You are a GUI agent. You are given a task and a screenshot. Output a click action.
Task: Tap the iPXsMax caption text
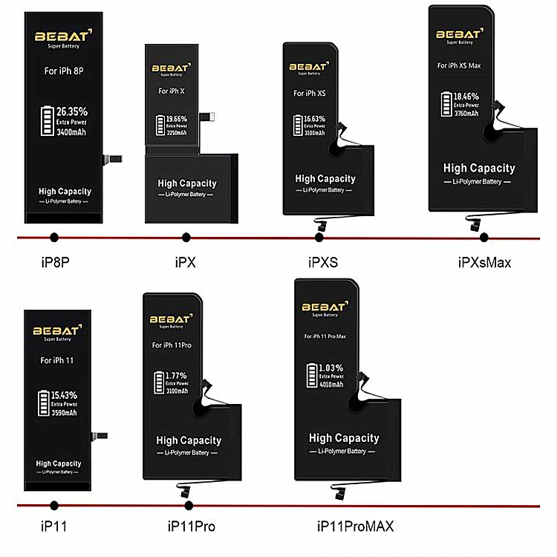pos(484,262)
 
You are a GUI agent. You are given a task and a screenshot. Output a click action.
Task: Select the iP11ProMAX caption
pos(355,527)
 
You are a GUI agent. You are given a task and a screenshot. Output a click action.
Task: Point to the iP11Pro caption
pos(192,527)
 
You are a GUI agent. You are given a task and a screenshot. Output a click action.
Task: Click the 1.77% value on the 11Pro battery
pos(176,375)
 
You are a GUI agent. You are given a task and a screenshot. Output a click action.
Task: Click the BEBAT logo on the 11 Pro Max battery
pos(323,306)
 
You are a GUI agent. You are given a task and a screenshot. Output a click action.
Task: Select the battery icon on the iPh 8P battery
pos(47,122)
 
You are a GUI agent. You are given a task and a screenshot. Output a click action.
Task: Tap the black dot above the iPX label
pos(185,238)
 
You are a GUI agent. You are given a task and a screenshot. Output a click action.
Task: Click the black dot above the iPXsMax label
pos(484,238)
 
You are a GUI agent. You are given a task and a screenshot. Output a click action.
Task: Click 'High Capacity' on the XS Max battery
pos(478,169)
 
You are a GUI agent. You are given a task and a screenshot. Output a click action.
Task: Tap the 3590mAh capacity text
pos(62,412)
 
